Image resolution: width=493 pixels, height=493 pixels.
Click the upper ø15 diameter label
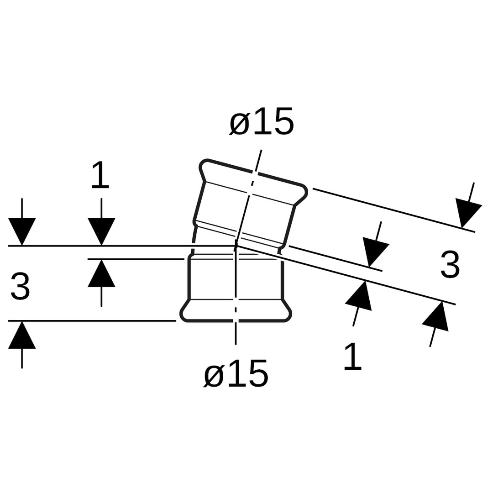[262, 122]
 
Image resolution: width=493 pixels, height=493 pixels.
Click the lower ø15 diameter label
[236, 374]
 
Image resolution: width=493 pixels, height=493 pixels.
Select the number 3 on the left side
[20, 286]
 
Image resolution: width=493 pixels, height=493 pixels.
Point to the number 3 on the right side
[450, 264]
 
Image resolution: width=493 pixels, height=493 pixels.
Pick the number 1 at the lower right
[352, 356]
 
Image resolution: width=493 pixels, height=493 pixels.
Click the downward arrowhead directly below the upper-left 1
[101, 231]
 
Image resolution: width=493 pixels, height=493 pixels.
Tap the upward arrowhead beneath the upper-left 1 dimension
[101, 274]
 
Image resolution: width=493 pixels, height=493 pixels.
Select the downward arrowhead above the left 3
[22, 231]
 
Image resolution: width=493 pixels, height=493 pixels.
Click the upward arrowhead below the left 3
[22, 336]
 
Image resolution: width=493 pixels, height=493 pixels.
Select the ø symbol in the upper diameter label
[239, 124]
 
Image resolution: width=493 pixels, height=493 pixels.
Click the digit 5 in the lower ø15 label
[258, 374]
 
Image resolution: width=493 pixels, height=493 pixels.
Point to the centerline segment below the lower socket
[236, 333]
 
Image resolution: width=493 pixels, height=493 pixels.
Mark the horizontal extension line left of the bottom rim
[91, 321]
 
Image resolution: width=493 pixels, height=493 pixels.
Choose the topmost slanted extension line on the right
[393, 210]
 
